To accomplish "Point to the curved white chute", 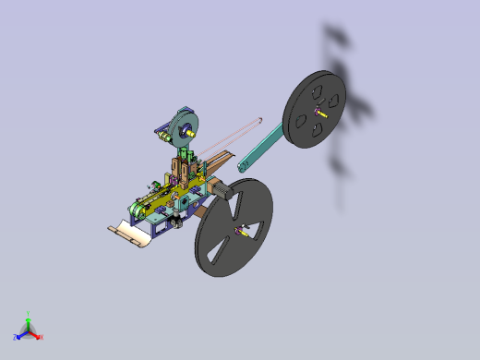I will coord(130,236).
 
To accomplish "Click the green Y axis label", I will coord(29,314).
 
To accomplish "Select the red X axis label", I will coord(41,337).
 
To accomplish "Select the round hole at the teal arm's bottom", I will coord(245,167).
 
